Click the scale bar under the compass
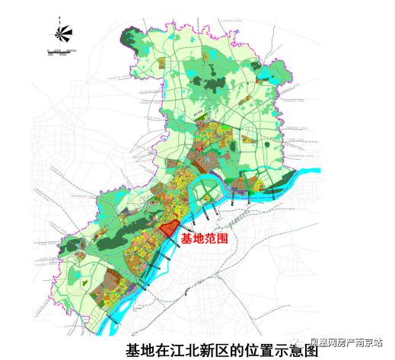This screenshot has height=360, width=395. coord(59,52)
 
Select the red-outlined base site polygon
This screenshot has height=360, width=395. coord(168,229)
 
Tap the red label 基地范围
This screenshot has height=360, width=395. coord(204,238)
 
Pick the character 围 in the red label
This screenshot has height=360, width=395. coord(223,238)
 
